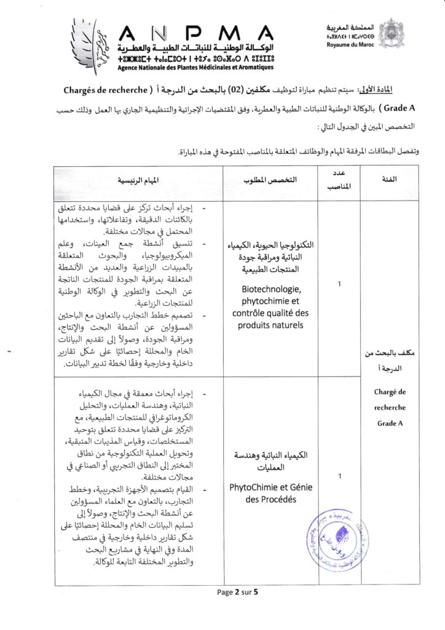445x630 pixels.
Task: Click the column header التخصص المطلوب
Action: tap(270, 180)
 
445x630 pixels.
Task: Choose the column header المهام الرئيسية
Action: tap(139, 180)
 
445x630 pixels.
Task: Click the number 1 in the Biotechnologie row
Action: tap(339, 285)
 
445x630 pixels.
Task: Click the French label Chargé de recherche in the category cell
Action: tap(389, 400)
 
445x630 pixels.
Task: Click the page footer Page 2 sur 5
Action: tap(237, 592)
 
